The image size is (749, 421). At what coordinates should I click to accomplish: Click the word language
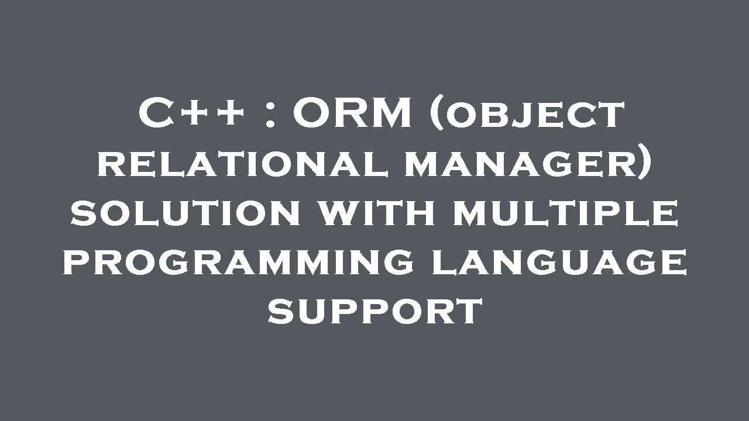point(558,262)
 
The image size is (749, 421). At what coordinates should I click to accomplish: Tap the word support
point(374,311)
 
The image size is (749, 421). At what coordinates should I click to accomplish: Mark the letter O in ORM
point(313,114)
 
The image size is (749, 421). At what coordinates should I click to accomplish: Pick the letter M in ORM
point(391,114)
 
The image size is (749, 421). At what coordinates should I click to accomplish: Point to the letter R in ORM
point(351,114)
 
